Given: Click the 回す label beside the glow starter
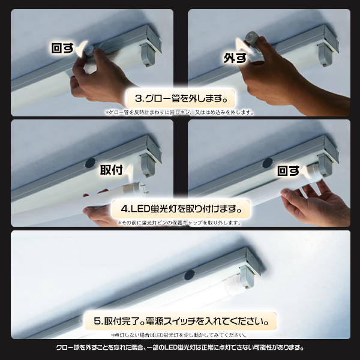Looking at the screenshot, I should [64, 49].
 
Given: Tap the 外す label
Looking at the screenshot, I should [235, 58].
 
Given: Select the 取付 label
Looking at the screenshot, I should [111, 170].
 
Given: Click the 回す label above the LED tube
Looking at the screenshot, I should [289, 170].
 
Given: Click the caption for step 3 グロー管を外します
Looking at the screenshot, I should [180, 98].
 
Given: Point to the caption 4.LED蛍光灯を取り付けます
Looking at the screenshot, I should [180, 210].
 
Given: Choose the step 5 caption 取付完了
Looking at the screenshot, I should [180, 320].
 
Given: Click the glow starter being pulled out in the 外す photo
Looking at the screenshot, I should [253, 40].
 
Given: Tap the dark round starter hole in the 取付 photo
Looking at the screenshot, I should [90, 163].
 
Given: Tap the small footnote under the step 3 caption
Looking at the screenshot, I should [180, 112].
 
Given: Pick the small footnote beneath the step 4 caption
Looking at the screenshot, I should [180, 223].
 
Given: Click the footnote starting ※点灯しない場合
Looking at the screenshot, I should [180, 335].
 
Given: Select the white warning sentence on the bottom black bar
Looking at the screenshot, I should [180, 347].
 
